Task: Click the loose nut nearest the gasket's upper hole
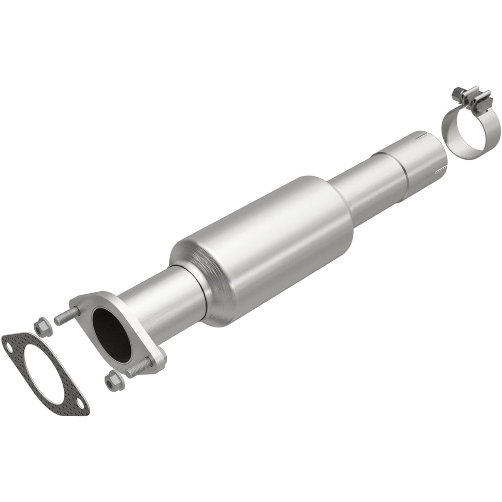click(x=40, y=327)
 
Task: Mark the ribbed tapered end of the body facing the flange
click(x=194, y=275)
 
